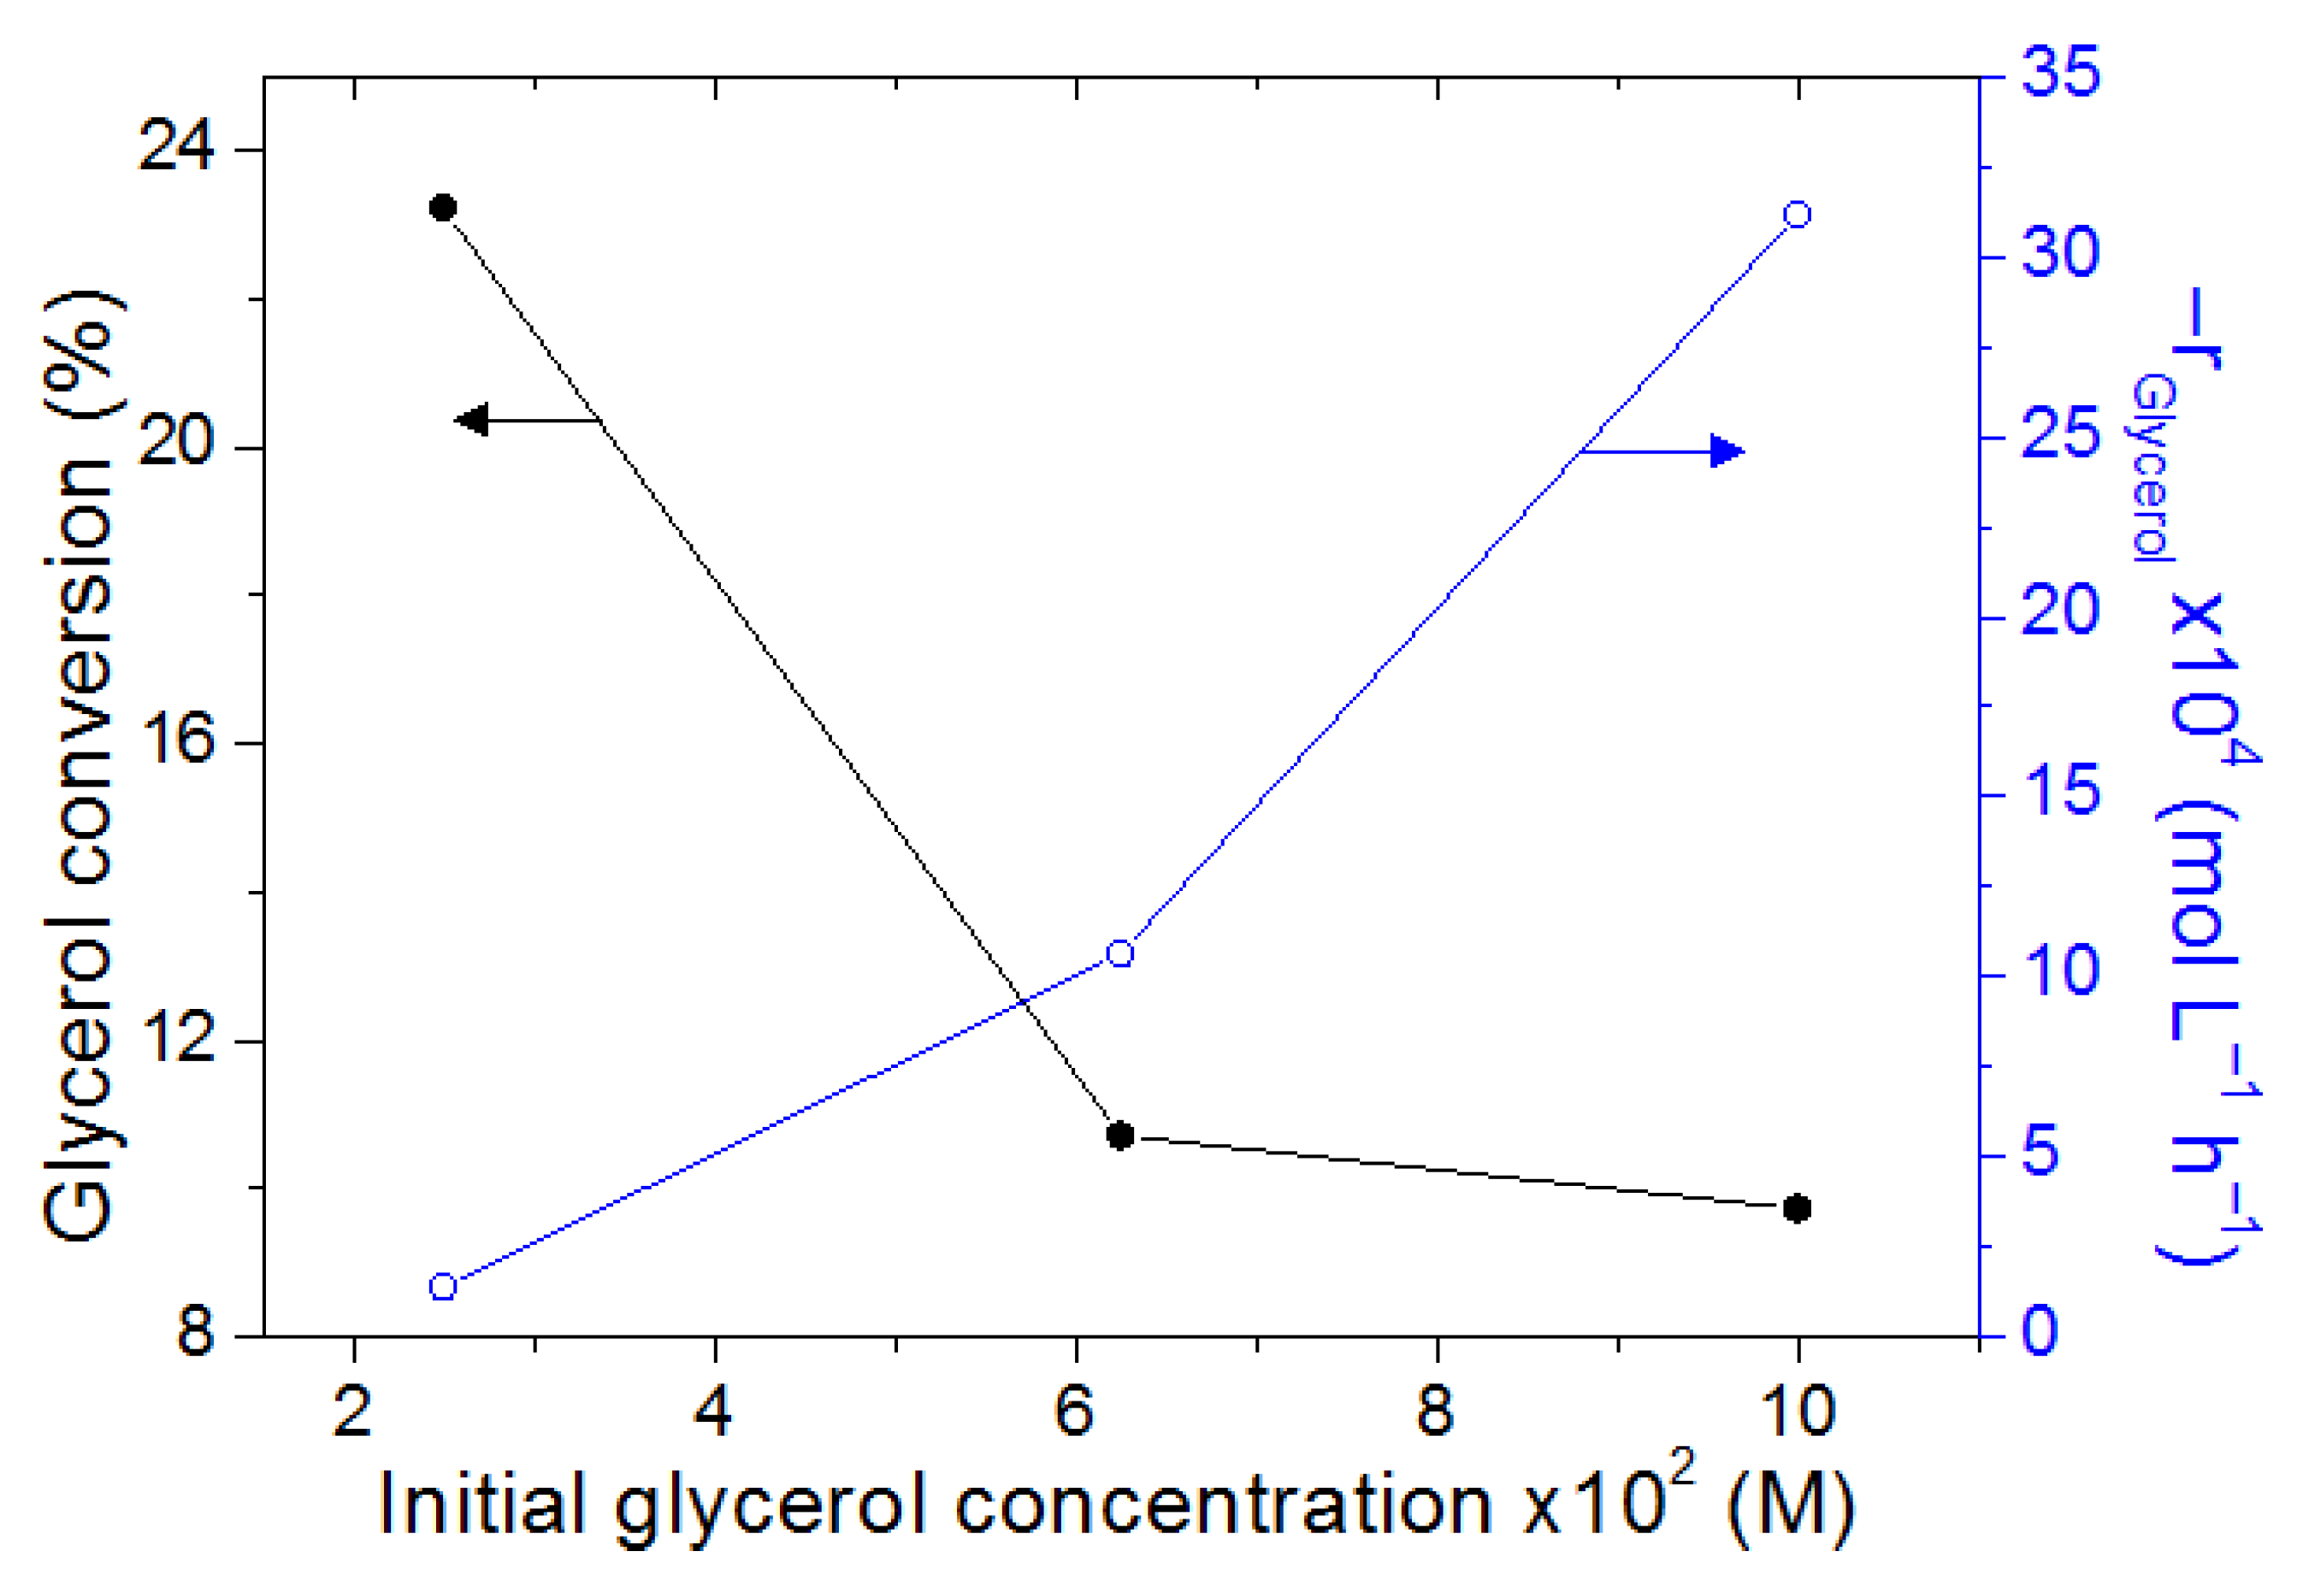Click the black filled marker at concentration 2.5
443,208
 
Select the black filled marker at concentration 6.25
1119,1136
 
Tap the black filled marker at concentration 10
1797,1208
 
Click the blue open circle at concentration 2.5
443,1287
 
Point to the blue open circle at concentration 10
1797,215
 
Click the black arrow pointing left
474,420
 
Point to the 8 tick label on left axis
195,1334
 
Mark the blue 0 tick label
2040,1332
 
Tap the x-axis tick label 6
1075,1411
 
